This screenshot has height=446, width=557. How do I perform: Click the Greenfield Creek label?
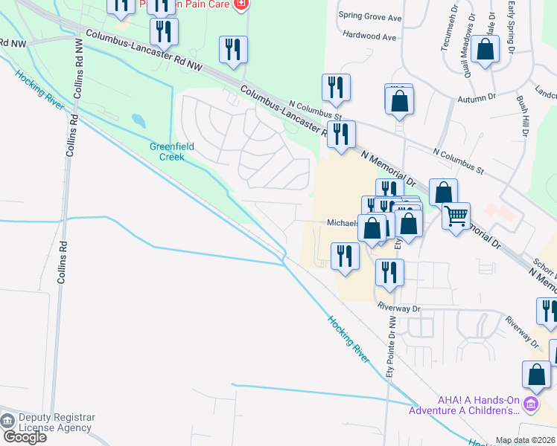pos(172,152)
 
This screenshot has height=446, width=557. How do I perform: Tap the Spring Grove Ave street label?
pos(369,16)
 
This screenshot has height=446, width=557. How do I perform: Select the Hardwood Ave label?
pos(369,36)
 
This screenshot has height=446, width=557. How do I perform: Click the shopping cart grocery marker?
pos(455,216)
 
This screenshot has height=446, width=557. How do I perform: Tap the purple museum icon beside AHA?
pos(530,405)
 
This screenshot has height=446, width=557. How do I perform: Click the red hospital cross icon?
pos(240,4)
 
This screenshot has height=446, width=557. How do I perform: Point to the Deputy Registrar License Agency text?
pos(55,422)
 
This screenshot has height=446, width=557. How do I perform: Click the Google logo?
pos(25,437)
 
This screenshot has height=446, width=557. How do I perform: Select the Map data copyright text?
pos(526,440)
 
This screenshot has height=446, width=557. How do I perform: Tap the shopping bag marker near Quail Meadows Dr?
pos(486,51)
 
